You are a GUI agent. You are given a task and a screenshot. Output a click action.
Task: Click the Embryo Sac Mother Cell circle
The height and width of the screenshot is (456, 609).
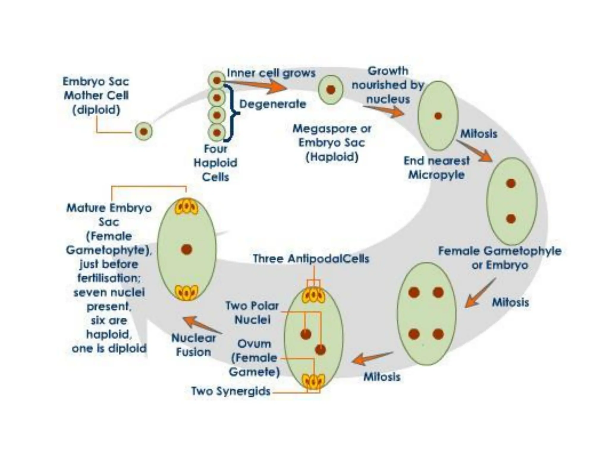[144, 131]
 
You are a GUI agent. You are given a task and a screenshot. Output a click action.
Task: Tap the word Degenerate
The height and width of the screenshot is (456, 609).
[273, 104]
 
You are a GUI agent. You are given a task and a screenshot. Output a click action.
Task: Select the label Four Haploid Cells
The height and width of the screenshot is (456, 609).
[216, 163]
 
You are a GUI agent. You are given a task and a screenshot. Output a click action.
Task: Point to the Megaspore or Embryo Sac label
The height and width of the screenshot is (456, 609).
[332, 143]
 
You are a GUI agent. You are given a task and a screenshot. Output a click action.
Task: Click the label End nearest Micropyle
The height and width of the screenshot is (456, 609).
[436, 168]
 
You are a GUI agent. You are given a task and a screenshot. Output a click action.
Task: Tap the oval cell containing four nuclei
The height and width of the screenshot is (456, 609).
[426, 313]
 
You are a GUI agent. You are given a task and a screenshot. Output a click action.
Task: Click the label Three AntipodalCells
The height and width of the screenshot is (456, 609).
[311, 259]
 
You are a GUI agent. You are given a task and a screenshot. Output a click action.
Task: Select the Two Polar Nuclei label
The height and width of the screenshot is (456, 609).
[252, 313]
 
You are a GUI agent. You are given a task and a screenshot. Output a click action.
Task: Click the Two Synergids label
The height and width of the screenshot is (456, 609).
[231, 391]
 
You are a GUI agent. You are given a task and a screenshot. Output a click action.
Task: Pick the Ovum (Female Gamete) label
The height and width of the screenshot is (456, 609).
[254, 358]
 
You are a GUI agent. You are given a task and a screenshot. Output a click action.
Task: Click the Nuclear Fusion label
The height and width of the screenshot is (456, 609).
[194, 345]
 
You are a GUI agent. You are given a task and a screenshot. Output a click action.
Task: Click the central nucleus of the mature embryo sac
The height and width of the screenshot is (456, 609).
[186, 249]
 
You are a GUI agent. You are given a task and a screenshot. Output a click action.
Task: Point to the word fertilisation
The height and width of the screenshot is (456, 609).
[109, 278]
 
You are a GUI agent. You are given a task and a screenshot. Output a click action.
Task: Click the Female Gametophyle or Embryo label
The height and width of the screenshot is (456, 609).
[500, 258]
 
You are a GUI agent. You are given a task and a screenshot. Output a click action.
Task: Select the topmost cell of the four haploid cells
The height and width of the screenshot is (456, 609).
[217, 80]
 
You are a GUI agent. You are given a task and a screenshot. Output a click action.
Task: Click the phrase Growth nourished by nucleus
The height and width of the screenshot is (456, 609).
[388, 85]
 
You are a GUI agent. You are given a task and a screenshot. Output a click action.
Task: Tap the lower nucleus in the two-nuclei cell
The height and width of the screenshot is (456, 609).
[511, 219]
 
